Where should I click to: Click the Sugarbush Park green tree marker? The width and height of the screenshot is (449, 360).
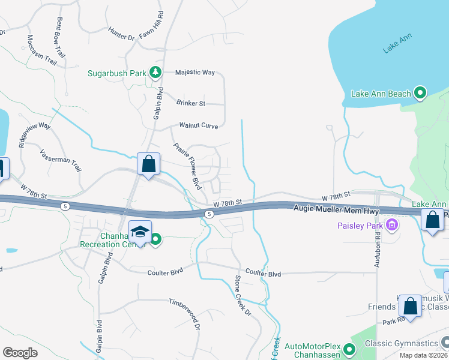[x=156, y=73]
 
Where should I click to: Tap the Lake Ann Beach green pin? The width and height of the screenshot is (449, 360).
[x=420, y=93]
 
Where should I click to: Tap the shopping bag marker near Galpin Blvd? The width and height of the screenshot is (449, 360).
[x=148, y=164]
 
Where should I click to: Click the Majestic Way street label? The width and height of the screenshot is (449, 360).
[x=194, y=73]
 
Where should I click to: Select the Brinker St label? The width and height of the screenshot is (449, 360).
[x=191, y=103]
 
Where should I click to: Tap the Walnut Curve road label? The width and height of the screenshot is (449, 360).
[x=199, y=126]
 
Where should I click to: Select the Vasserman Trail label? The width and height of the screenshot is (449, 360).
[x=60, y=162]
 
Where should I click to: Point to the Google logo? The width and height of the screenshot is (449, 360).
[x=20, y=353]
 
